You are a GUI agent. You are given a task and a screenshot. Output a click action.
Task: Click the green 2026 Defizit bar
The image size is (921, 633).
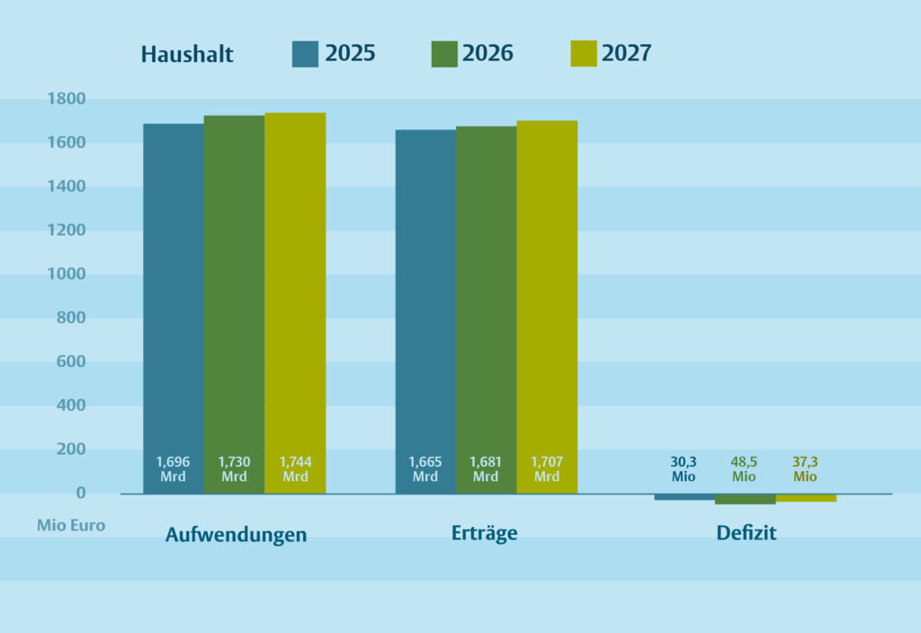[745, 499]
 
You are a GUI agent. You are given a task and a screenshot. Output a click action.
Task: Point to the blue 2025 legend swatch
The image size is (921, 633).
[305, 54]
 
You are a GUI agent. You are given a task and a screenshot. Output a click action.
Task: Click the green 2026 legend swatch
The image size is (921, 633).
[444, 54]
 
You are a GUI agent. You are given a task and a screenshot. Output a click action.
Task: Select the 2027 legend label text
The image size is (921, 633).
[626, 54]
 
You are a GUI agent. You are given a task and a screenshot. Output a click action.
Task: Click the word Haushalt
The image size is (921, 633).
[187, 55]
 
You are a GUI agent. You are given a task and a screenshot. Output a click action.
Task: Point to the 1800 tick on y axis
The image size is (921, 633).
[67, 99]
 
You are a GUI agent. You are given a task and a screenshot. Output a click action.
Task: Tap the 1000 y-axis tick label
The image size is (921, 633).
[67, 274]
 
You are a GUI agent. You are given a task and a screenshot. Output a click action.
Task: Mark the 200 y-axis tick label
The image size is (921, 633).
[71, 450]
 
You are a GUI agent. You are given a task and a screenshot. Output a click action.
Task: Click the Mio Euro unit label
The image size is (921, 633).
[71, 526]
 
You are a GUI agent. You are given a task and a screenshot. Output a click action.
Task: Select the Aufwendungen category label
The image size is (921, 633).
[236, 535]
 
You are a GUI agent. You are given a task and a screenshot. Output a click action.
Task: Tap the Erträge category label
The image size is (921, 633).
[484, 533]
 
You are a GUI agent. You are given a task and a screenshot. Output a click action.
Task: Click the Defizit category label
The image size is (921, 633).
[746, 533]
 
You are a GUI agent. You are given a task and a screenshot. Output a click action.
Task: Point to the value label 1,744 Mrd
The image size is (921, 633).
[295, 469]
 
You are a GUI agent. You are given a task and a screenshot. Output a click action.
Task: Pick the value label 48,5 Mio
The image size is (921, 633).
[744, 469]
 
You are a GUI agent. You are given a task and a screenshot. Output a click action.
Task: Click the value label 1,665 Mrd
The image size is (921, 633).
[425, 469]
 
